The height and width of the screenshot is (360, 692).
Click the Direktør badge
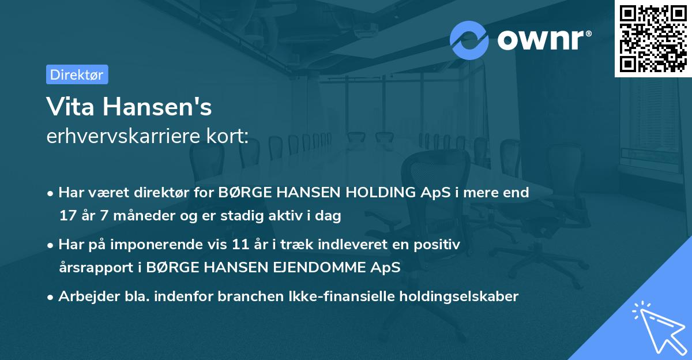point(77,74)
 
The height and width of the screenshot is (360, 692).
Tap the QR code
point(652,39)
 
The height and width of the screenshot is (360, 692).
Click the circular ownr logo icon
point(469,40)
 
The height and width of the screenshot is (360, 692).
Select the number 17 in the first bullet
point(67,216)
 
